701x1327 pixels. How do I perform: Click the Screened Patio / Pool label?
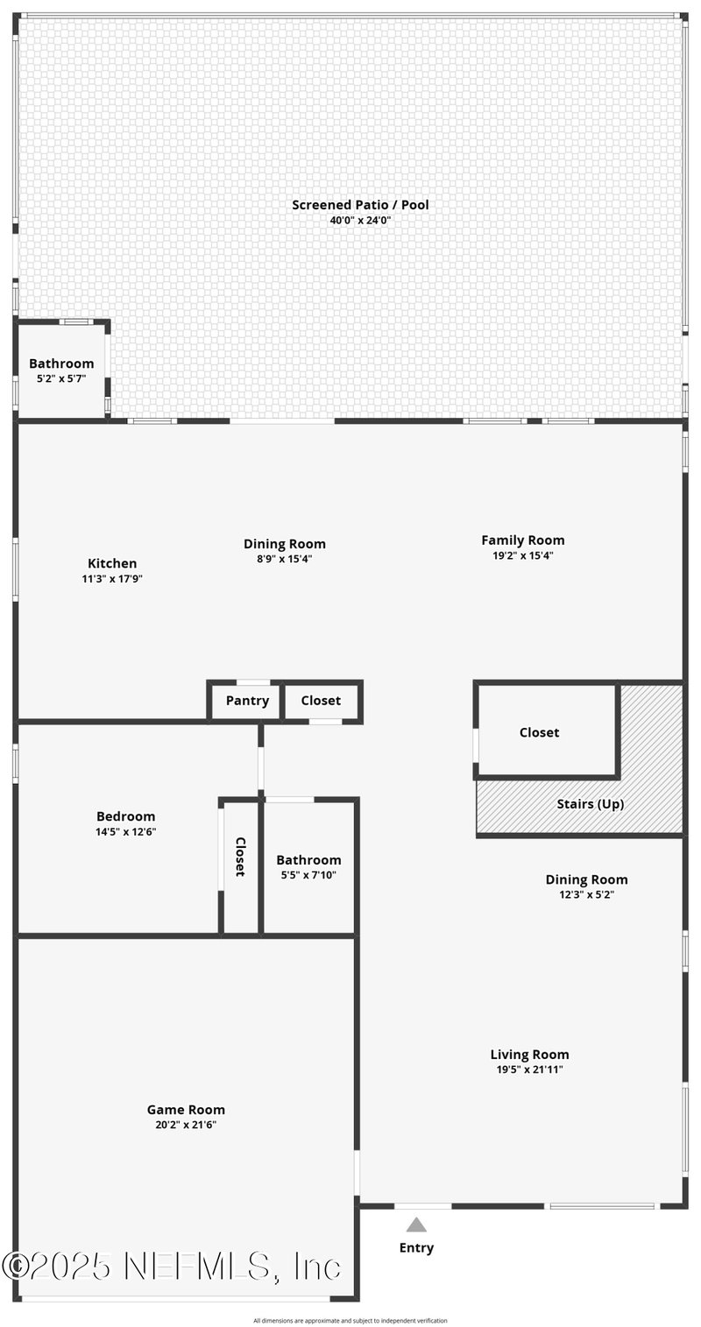(360, 205)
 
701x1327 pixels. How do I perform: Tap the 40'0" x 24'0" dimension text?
(360, 221)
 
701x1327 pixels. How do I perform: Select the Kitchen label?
(112, 563)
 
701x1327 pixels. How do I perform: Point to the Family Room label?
(522, 540)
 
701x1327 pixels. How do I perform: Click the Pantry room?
(247, 701)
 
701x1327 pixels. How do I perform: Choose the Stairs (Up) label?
(591, 804)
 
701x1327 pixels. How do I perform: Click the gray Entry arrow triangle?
(416, 1225)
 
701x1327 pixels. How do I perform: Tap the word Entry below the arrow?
(416, 1248)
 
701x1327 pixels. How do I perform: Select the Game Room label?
(186, 1110)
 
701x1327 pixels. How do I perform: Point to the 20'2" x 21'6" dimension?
(186, 1125)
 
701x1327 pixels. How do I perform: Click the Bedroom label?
(125, 816)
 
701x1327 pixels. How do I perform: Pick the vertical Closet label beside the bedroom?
(240, 857)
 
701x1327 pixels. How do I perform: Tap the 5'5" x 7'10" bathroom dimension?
(308, 875)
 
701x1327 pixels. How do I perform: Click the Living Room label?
(529, 1055)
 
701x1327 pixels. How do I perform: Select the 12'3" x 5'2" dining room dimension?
(586, 895)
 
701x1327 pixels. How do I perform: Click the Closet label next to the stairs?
(539, 732)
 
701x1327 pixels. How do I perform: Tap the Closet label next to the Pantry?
(321, 701)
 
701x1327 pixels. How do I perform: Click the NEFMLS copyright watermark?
(171, 1267)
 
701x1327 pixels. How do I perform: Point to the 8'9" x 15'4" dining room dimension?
(285, 559)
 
